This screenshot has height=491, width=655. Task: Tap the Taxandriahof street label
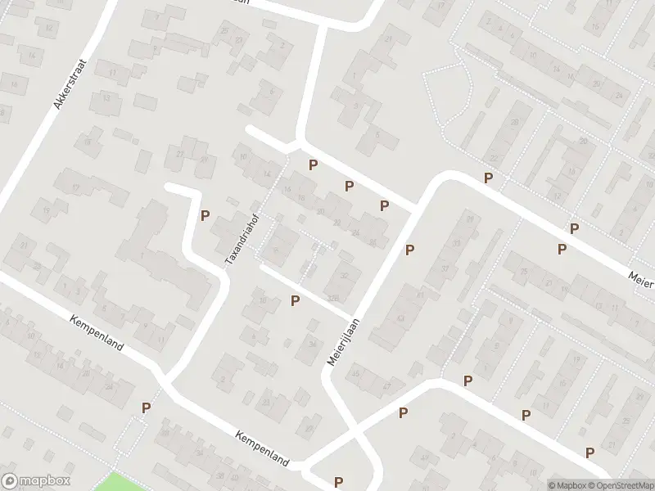(x=242, y=238)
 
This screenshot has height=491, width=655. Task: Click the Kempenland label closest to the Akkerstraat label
(x=97, y=333)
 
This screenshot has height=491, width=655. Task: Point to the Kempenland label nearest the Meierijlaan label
(x=262, y=449)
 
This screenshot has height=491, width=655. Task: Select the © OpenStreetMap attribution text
(x=620, y=484)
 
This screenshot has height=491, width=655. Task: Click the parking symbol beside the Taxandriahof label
(x=206, y=216)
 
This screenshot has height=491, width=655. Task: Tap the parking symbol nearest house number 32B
(x=296, y=301)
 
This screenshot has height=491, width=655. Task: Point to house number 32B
(x=332, y=296)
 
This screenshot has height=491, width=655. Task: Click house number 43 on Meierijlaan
(x=401, y=318)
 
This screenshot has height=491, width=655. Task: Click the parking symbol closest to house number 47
(x=403, y=413)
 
